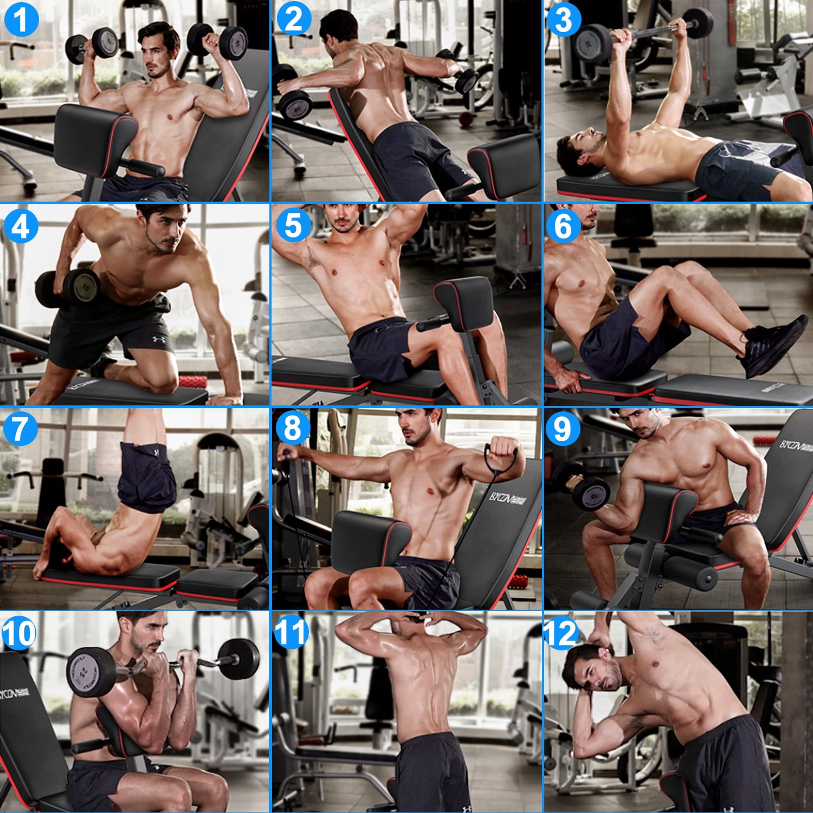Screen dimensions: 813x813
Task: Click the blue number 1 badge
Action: click(x=21, y=20)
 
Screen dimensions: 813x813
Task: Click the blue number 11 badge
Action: click(x=292, y=633)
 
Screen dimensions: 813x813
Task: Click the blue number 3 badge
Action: click(x=564, y=20)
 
